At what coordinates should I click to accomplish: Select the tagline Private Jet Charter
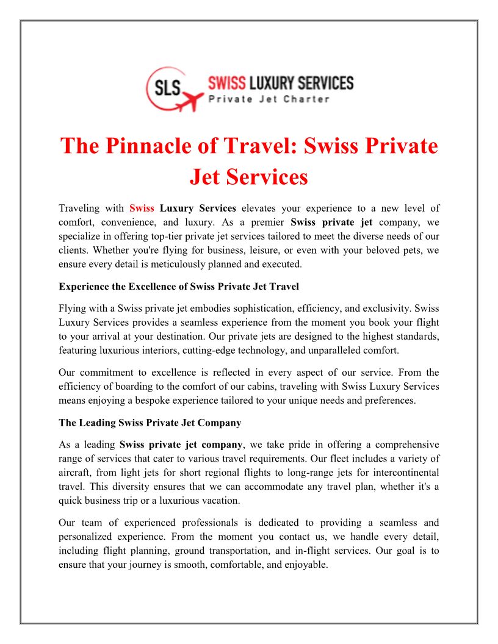click(269, 99)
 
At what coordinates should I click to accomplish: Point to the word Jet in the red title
click(210, 177)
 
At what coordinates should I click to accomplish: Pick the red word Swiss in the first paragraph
click(142, 209)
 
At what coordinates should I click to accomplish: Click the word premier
click(267, 222)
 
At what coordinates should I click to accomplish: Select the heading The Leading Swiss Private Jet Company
click(150, 422)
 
